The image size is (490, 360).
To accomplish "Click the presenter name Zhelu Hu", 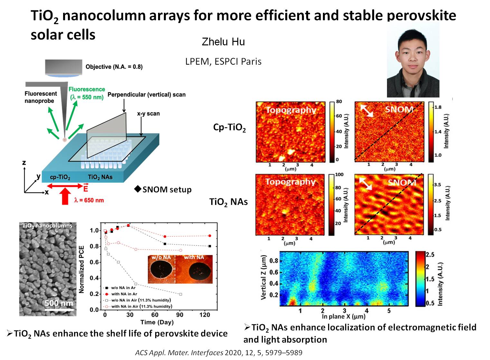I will pos(223,42).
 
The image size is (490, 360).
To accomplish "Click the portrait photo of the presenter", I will pos(413,60).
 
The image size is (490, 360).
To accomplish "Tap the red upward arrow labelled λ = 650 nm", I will pos(66,196).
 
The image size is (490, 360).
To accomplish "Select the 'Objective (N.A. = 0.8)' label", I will pos(114,67).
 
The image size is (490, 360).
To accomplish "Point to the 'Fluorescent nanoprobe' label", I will pos(41,97).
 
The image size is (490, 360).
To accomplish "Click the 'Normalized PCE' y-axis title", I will pos(81,270).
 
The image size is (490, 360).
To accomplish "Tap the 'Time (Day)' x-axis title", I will pos(157,322).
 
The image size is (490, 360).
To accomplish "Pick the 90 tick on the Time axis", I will pos(180,315).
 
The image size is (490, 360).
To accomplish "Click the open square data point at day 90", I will pos(181,294).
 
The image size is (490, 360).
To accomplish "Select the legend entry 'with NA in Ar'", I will pos(124,294).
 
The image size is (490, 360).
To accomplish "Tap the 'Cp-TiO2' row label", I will pos(229,128).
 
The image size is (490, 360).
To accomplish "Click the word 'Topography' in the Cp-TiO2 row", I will pos(291,110).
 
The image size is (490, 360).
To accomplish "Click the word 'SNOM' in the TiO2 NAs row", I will pos(402,183).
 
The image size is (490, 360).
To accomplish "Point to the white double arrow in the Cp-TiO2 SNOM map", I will pos(366,111).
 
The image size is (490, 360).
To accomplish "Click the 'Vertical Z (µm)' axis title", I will pos(264,277).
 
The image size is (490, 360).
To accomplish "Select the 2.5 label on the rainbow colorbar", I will pos(430,255).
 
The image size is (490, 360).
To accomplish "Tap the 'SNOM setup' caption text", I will pos(167,189).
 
